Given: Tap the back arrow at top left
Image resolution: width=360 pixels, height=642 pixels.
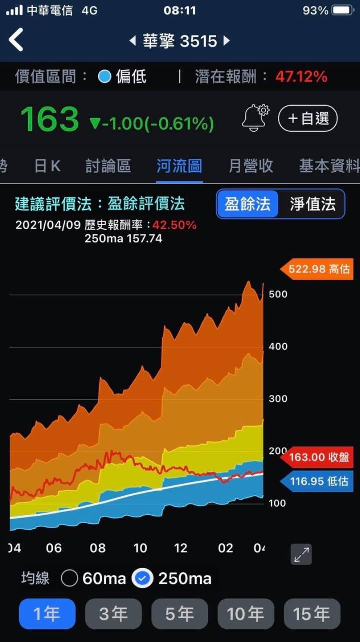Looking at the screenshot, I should (16, 40).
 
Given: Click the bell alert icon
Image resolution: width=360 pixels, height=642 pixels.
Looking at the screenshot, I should (255, 118).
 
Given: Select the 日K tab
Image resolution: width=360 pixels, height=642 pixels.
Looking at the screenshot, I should (47, 166).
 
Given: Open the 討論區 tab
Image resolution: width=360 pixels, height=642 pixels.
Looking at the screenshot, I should (108, 166).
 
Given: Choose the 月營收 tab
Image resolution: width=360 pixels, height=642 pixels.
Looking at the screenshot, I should (251, 166).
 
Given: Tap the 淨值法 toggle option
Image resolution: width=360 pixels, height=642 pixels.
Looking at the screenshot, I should (313, 204).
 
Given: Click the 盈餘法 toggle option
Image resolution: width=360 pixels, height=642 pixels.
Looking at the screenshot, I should (247, 204).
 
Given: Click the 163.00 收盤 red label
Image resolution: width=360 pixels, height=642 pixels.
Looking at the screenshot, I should (318, 457).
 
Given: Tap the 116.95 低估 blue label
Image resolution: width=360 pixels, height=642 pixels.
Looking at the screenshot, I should (318, 482).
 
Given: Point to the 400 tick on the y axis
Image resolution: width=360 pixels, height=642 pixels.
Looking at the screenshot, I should (278, 346).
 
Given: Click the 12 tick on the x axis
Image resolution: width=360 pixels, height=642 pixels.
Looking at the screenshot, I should (181, 548).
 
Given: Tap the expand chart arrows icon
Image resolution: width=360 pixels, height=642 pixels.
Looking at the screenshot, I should (301, 554).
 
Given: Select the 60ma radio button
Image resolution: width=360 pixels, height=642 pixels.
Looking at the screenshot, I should (70, 579).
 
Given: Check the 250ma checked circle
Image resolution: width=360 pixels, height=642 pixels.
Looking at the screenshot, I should (143, 579).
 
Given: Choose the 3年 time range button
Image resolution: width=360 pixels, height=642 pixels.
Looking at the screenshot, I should (113, 614).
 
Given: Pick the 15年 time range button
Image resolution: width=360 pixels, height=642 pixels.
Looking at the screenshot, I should (312, 614).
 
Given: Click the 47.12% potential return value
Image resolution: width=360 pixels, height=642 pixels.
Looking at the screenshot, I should (301, 77).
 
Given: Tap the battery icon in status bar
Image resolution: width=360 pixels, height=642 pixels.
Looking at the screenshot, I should (342, 10).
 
